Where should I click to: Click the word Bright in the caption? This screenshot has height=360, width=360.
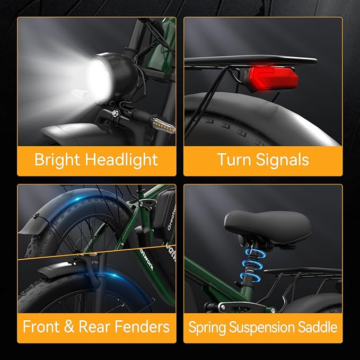click(57, 160)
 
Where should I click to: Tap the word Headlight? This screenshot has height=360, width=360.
click(121, 160)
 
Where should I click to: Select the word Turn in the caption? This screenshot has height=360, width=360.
click(234, 159)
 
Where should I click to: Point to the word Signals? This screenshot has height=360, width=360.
click(282, 160)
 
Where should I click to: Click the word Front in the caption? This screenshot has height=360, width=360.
click(41, 327)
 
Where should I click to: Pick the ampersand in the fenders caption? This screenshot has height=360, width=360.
click(69, 327)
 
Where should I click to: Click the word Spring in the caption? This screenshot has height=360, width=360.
click(207, 328)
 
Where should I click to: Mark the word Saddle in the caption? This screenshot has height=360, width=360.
click(318, 327)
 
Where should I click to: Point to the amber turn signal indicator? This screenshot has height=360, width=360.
click(163, 125)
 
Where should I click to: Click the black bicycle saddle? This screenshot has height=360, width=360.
click(267, 227)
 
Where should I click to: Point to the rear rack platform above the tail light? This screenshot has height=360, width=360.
click(251, 60)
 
